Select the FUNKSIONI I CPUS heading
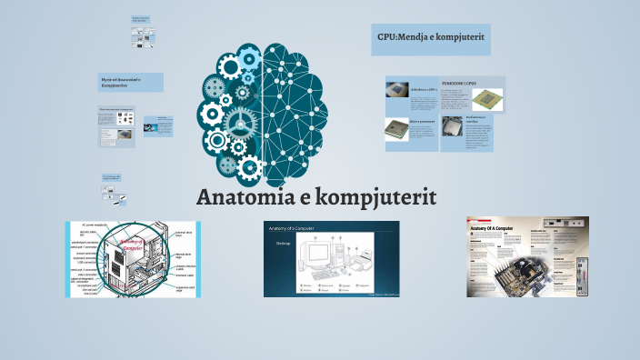click(x=459, y=83)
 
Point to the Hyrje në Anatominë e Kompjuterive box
click(x=130, y=83)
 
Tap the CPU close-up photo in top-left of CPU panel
click(x=397, y=91)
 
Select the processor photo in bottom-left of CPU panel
click(x=396, y=129)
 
